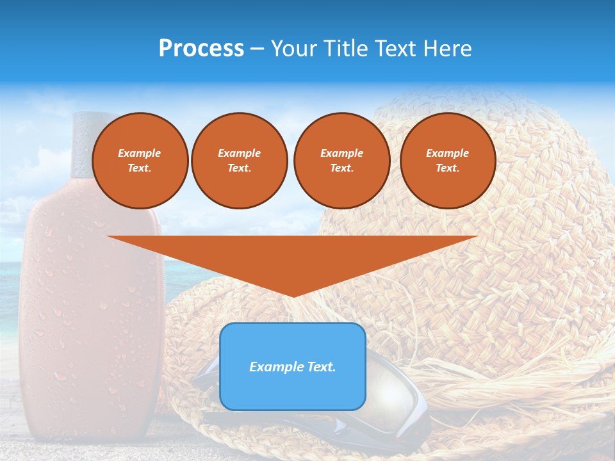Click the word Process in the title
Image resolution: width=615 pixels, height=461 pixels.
(x=201, y=49)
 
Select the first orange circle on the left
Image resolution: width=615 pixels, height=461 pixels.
(x=140, y=161)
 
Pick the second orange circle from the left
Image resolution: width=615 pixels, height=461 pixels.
(x=239, y=161)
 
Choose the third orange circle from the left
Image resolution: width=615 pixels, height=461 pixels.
(x=341, y=161)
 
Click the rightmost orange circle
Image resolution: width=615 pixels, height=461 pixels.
(x=447, y=161)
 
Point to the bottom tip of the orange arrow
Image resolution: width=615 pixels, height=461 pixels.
(x=293, y=295)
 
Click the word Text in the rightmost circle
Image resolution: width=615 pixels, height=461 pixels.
(x=447, y=168)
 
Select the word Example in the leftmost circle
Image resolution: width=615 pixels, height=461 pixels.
(x=140, y=153)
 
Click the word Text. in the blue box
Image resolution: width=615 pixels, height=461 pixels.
(x=320, y=367)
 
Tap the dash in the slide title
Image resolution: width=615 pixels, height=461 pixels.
(x=257, y=49)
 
